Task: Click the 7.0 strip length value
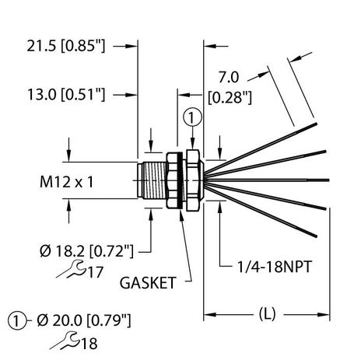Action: (229, 79)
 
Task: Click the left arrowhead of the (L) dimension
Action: (208, 315)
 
